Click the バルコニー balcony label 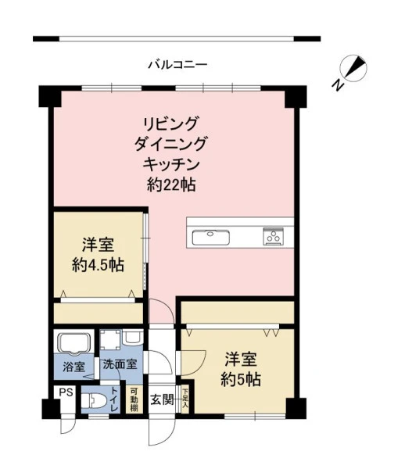[x=177, y=65]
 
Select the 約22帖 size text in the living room [x=171, y=185]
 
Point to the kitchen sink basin [x=211, y=237]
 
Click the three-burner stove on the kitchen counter [x=274, y=236]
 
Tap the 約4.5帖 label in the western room [x=98, y=265]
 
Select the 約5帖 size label [x=241, y=380]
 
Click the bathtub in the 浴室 [x=75, y=343]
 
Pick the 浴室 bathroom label [x=73, y=367]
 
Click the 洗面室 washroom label [x=120, y=364]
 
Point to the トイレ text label [x=115, y=399]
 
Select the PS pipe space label [x=66, y=392]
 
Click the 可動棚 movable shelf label [x=134, y=400]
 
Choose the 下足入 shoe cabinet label [x=185, y=399]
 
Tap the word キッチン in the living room [x=171, y=164]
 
